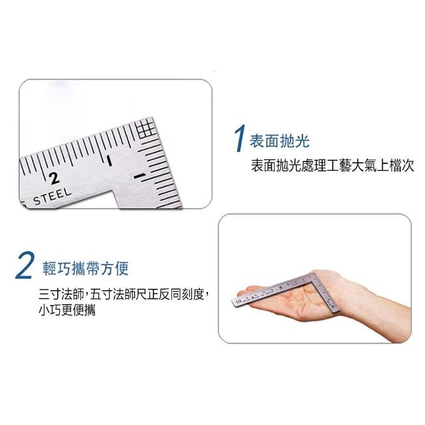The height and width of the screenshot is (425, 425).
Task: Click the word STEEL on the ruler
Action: pos(52,197)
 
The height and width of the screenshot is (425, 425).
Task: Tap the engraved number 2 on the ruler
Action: pos(54,178)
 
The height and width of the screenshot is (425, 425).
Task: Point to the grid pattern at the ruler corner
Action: pos(146,128)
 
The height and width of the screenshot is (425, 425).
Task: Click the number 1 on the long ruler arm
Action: pos(109,161)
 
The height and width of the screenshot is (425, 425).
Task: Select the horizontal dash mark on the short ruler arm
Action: pos(140,176)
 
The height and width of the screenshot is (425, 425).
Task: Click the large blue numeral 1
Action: pos(240,138)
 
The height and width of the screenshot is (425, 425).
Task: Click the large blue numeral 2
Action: pos(25,266)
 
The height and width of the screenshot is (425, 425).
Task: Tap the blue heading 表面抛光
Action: pos(280,141)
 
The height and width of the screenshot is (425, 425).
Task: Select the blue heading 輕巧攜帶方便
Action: pos(86,269)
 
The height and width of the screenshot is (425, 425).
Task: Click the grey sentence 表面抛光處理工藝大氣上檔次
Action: pos(332,165)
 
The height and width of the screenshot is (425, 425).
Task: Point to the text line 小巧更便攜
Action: pos(67,310)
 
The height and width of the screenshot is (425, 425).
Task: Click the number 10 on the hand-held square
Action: pos(238,301)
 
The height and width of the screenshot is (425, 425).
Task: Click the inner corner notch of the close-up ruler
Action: pos(114,191)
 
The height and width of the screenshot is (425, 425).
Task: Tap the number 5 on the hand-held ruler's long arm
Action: pos(281,288)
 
